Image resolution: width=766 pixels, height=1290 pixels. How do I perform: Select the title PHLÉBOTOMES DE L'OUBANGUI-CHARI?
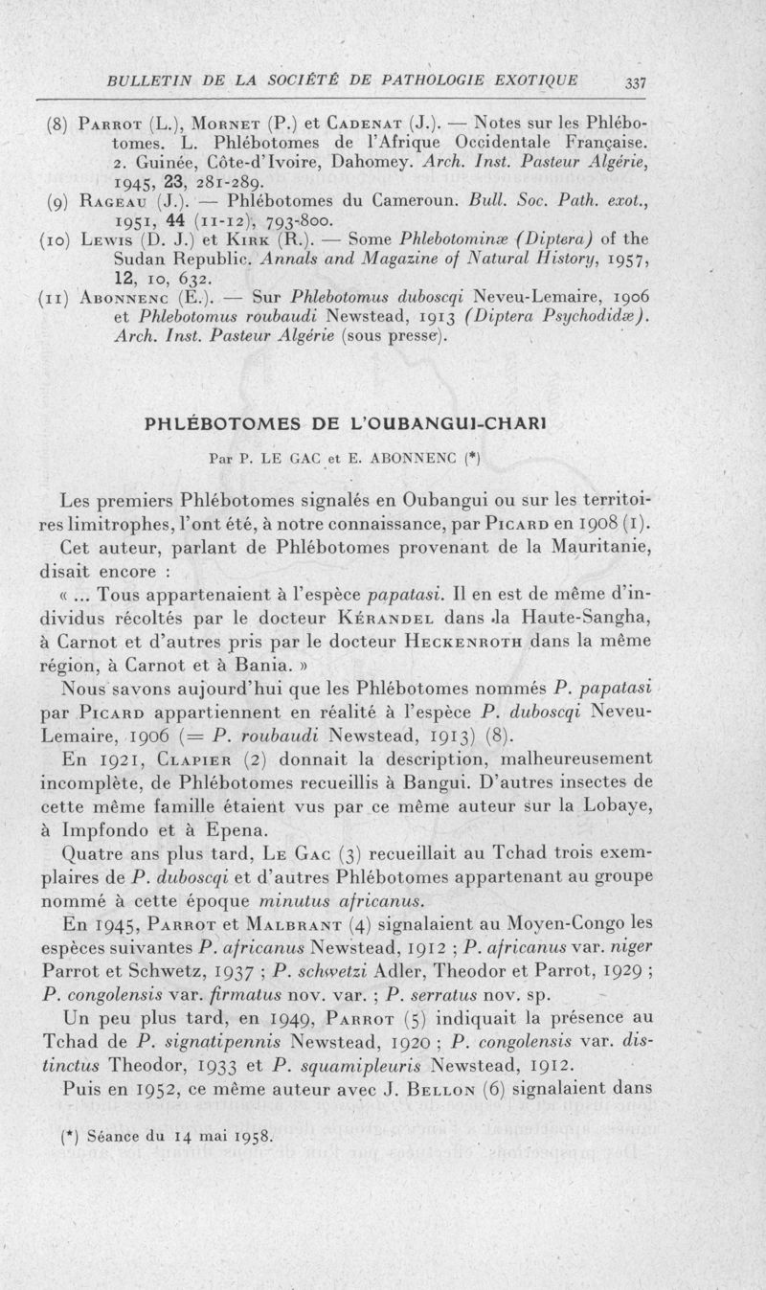(382, 423)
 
